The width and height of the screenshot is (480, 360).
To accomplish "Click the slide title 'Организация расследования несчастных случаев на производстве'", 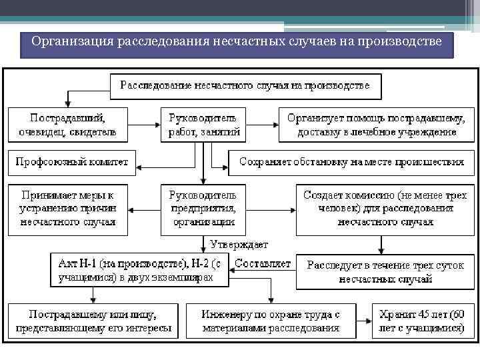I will coord(237,44).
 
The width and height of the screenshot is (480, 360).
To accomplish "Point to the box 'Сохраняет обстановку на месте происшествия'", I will coord(351,162).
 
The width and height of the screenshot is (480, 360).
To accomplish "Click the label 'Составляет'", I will coord(263,263).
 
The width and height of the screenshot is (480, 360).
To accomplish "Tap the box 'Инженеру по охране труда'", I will coord(271,321).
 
